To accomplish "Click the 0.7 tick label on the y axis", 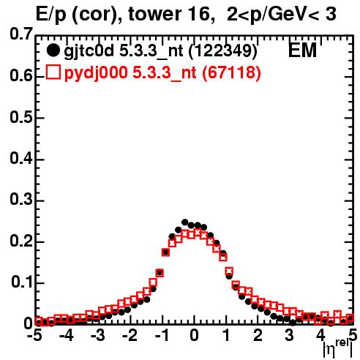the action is (21, 34).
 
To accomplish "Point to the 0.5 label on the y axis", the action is (21, 117).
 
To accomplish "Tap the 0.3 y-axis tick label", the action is (21, 200).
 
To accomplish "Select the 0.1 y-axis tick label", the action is (22, 282).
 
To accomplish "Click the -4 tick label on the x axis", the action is (66, 336).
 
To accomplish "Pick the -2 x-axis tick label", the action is (130, 336).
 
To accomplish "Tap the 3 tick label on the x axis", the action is (290, 336).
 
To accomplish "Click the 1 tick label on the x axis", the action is (226, 336).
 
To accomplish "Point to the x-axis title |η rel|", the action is (337, 348).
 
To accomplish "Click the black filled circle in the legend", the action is (53, 50).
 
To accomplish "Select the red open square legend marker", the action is (53, 72).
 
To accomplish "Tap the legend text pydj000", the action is (96, 73).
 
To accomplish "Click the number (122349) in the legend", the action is (223, 50).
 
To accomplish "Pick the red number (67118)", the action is (231, 72).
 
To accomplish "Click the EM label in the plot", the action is (302, 50).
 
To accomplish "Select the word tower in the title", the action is (154, 14).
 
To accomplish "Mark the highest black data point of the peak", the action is (184, 222).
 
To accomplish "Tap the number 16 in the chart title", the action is (200, 14).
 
